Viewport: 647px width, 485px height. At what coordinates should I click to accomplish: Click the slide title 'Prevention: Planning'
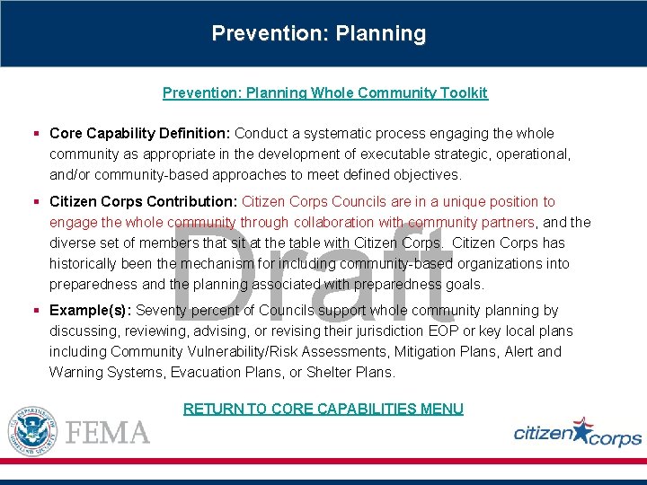319,34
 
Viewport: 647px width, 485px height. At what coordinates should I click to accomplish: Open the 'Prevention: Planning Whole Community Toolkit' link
324,93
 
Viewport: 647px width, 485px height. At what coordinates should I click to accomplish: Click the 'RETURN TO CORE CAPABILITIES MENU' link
323,409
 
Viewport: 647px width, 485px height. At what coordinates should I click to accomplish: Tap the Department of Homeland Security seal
32,431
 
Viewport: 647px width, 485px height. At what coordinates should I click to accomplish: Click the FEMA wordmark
108,432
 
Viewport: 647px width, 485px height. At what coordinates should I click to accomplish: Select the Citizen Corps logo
577,432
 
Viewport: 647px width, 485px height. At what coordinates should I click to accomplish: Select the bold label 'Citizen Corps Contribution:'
144,202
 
